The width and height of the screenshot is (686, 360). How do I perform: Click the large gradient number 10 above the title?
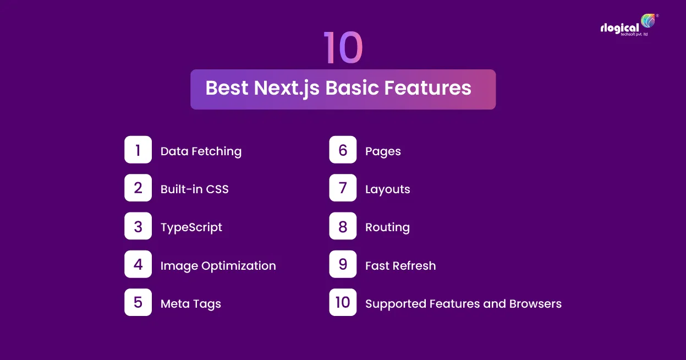pyautogui.click(x=343, y=47)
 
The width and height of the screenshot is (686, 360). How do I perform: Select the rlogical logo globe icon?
pyautogui.click(x=648, y=21)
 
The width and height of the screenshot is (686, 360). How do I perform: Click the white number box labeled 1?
pyautogui.click(x=138, y=150)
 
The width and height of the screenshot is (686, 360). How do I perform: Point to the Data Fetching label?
pyautogui.click(x=201, y=151)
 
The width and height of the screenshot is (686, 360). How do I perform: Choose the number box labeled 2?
pyautogui.click(x=138, y=188)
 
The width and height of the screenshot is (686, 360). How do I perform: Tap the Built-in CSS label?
pyautogui.click(x=194, y=189)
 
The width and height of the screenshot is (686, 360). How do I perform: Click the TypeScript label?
pyautogui.click(x=191, y=227)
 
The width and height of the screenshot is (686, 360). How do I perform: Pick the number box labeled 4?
pyautogui.click(x=138, y=264)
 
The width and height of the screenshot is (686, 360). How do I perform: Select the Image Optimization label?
pyautogui.click(x=218, y=266)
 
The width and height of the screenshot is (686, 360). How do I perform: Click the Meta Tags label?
pyautogui.click(x=190, y=304)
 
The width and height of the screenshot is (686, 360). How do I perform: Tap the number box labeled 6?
pyautogui.click(x=343, y=150)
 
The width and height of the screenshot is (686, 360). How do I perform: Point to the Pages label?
pyautogui.click(x=383, y=151)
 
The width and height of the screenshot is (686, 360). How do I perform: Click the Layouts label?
pyautogui.click(x=387, y=189)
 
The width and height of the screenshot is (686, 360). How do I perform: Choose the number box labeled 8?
pyautogui.click(x=343, y=226)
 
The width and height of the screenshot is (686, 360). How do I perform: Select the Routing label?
pyautogui.click(x=387, y=227)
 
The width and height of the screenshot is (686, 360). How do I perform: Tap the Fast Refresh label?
pyautogui.click(x=400, y=266)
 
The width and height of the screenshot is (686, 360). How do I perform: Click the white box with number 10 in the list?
pyautogui.click(x=343, y=302)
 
